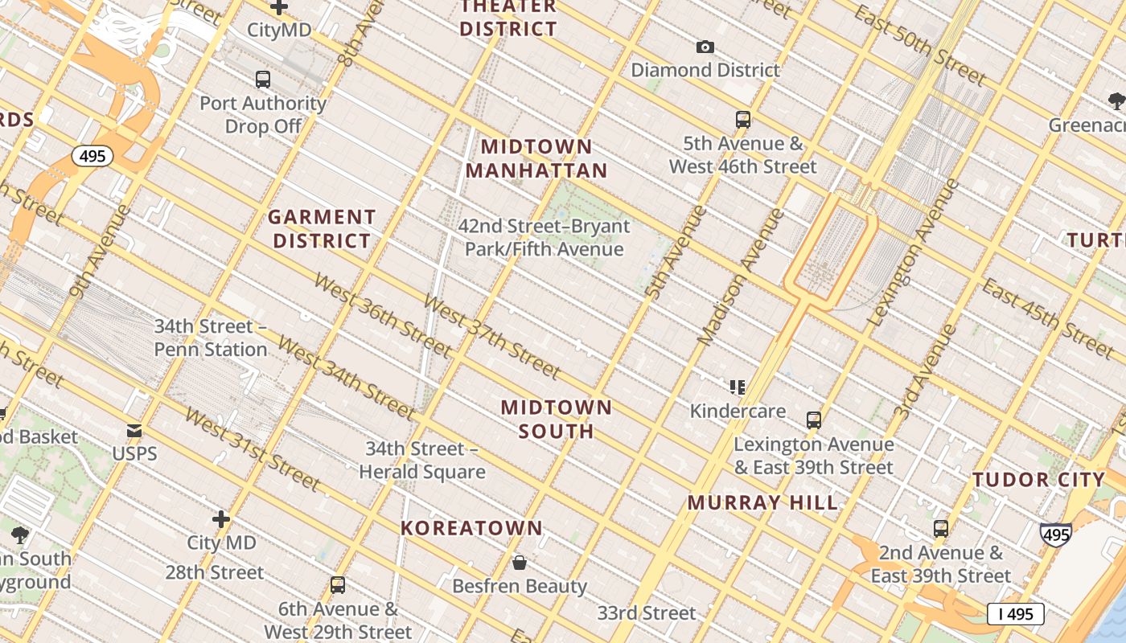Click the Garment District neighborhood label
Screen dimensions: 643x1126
point(322,229)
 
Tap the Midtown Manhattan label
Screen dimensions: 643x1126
point(536,158)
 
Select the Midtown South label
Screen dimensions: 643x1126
point(557,419)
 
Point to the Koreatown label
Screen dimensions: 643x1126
point(472,528)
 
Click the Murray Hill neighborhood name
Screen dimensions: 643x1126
point(762,503)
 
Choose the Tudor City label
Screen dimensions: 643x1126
point(1039,480)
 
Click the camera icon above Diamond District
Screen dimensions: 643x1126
point(705,47)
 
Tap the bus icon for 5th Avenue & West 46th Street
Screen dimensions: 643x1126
point(743,121)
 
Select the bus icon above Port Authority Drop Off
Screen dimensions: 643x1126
point(263,80)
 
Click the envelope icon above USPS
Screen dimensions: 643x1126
point(134,432)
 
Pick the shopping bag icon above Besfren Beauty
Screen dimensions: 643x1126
point(520,563)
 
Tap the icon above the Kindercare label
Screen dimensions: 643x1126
point(738,387)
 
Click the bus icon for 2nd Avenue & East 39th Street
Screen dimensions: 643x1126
point(941,529)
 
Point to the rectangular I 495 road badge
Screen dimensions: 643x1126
point(1015,614)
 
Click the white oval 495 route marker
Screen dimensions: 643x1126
point(92,156)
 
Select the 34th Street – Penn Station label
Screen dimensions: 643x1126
point(211,338)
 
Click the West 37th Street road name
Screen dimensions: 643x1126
point(491,337)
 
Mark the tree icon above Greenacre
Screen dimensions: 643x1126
point(1116,101)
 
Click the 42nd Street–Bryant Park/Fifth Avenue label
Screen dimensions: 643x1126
point(544,238)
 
